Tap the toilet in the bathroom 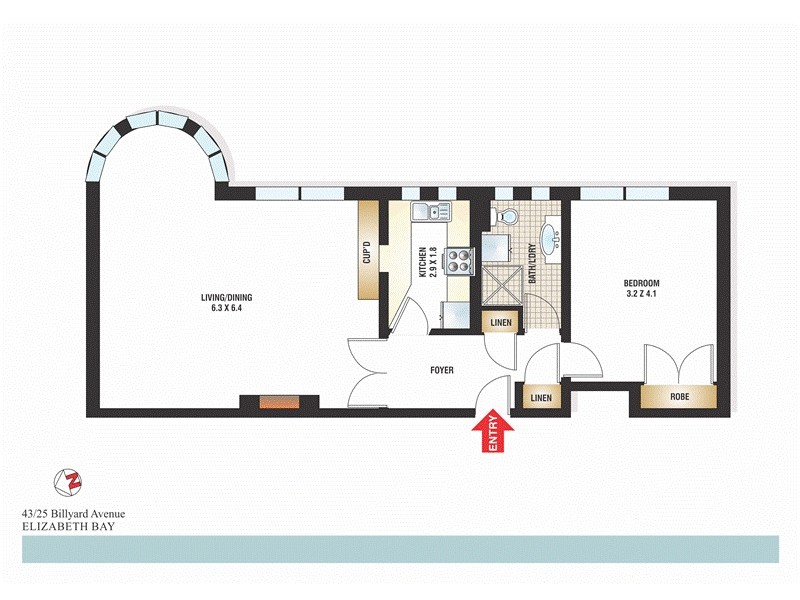coord(506,216)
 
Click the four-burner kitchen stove coord(459,261)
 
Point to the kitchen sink coord(431,211)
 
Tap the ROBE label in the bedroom coord(679,397)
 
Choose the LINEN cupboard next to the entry coord(540,397)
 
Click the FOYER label coord(441,370)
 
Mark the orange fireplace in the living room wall coord(279,403)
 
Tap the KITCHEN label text coord(423,261)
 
